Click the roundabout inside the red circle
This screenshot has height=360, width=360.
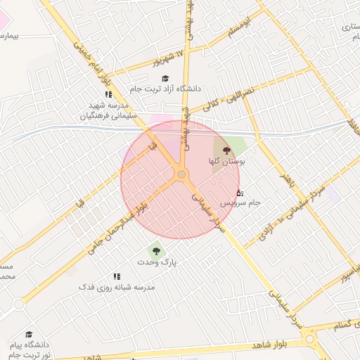181,174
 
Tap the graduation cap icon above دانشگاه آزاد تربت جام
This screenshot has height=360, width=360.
165,79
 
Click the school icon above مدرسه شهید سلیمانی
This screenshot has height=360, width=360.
108,94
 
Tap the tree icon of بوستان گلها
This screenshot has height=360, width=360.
226,150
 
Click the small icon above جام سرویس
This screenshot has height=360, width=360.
239,193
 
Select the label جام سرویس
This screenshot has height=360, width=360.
240,202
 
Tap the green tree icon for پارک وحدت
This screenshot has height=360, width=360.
155,250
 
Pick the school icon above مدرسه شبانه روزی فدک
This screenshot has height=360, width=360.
117,276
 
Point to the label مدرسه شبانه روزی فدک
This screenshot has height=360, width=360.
116,288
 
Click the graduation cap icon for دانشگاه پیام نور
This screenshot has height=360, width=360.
29,334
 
